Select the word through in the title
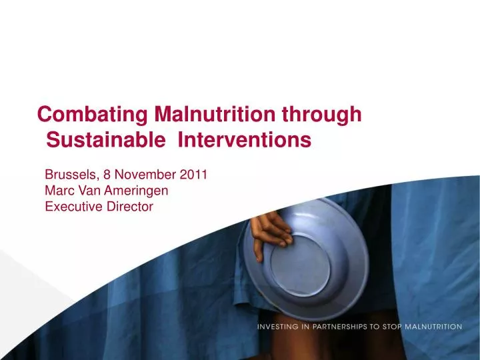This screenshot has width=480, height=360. point(322,115)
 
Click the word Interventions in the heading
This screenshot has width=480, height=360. point(247,141)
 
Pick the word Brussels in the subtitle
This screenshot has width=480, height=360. point(70,175)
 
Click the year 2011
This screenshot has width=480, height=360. point(193,175)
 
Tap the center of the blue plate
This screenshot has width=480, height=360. point(303,263)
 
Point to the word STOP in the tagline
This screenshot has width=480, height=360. point(401,327)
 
